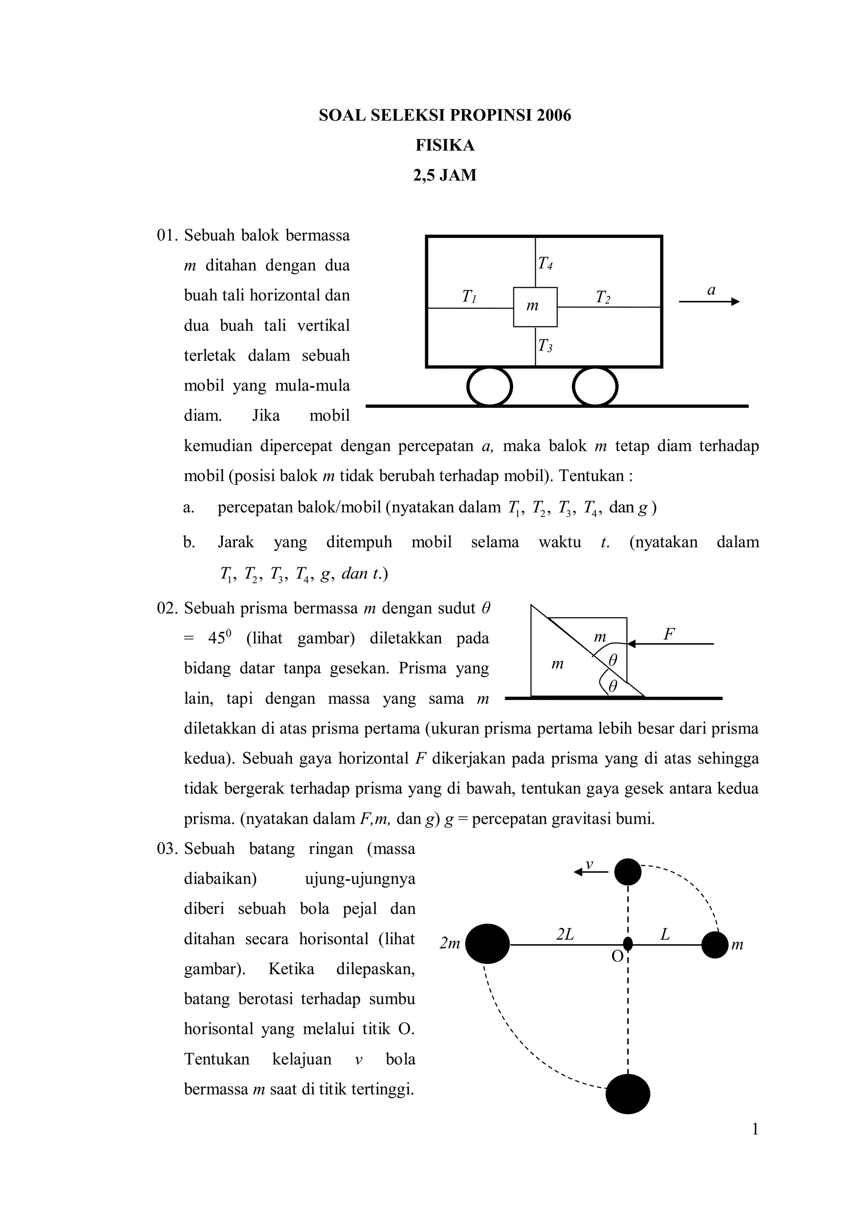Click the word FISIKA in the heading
click(445, 145)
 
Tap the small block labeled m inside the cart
click(535, 306)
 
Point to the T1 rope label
click(469, 296)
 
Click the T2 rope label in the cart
click(603, 297)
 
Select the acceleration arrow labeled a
click(709, 301)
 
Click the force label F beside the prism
click(669, 634)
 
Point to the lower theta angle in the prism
click(613, 687)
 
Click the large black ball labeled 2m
click(487, 944)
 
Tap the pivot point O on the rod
click(628, 944)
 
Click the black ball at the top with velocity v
click(628, 872)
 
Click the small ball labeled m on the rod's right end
click(715, 945)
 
